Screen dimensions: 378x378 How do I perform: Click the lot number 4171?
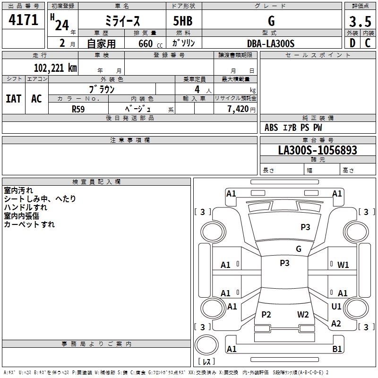23,20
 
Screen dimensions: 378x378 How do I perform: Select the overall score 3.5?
360,21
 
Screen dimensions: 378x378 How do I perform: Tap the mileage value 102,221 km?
55,68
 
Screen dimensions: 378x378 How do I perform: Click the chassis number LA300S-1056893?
318,150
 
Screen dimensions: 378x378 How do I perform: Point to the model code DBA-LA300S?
271,43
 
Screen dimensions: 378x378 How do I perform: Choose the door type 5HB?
183,21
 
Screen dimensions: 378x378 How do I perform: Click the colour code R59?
78,109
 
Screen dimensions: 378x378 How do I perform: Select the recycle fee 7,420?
238,109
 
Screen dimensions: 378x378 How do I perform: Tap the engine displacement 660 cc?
150,44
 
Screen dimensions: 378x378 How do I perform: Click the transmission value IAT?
14,99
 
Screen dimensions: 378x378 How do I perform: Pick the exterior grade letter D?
352,43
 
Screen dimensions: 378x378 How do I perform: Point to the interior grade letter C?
368,43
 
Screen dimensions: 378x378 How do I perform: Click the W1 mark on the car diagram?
343,265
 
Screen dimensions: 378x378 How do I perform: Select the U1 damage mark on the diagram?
336,306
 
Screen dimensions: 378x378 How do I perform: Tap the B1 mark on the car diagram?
337,349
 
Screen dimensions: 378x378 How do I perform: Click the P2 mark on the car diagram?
266,314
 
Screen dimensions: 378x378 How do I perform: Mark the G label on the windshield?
299,249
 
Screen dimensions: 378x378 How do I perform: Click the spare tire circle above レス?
206,345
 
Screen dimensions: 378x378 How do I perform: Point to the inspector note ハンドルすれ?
26,207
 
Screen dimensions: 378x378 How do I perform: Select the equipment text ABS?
271,128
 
